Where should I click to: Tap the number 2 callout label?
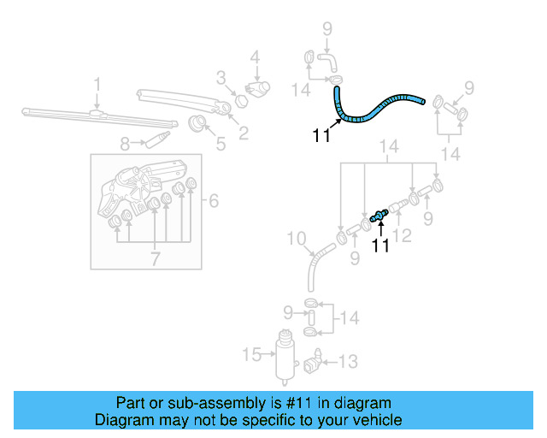tap(243, 133)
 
